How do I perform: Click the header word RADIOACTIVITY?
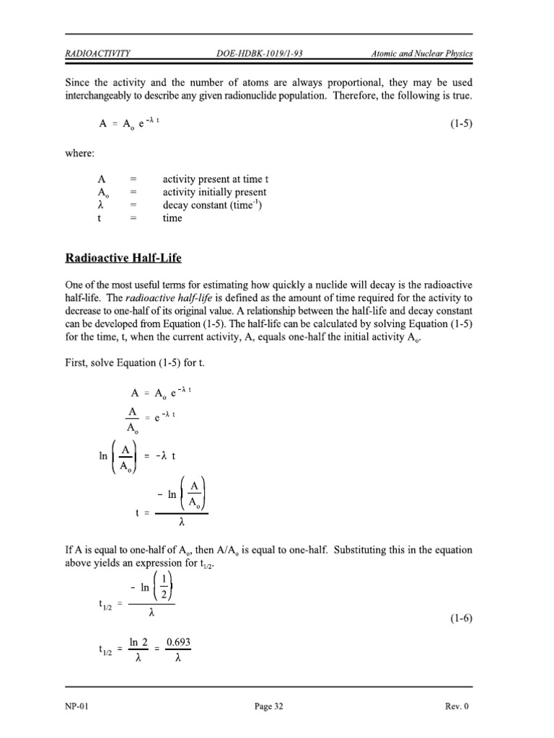98,53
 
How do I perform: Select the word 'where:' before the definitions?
81,153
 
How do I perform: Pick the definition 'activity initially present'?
214,192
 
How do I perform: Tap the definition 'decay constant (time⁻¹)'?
212,205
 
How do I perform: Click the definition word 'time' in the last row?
172,218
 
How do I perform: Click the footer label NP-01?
77,707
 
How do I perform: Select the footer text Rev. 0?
457,707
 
